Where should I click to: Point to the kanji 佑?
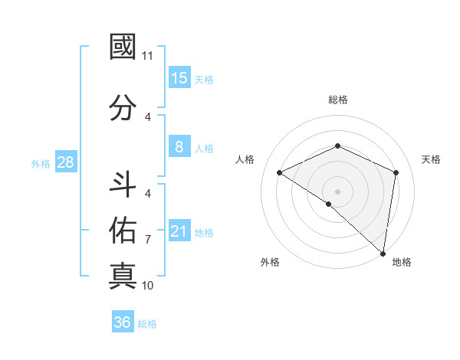[123, 229]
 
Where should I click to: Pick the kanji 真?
[123, 275]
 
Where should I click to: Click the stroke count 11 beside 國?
[148, 56]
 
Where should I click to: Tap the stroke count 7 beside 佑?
[148, 240]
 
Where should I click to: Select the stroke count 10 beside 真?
[148, 286]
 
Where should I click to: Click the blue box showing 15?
[179, 78]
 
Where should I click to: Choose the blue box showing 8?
[179, 147]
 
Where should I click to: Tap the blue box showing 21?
[179, 231]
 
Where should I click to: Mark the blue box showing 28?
[65, 162]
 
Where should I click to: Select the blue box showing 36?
[122, 322]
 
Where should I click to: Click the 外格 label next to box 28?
[41, 163]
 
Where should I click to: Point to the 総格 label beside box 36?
[148, 323]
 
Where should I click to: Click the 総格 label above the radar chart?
[337, 100]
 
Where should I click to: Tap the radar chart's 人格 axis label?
[245, 159]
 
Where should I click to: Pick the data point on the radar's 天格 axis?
[396, 172]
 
